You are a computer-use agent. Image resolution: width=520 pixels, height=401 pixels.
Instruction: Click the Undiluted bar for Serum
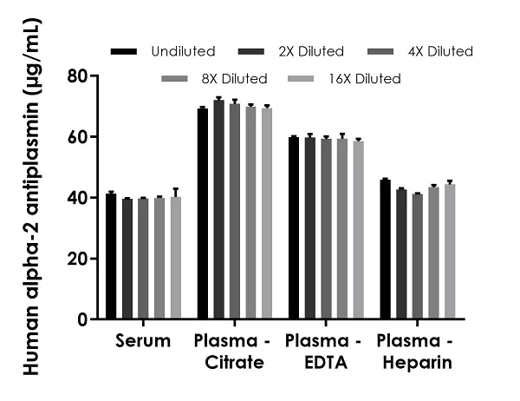pyautogui.click(x=111, y=256)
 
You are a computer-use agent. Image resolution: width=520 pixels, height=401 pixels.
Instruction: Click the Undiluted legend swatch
pyautogui.click(x=127, y=52)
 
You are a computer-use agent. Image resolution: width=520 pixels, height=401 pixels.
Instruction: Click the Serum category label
pyautogui.click(x=143, y=341)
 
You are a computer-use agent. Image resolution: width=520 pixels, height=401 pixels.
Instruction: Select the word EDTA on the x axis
pyautogui.click(x=325, y=364)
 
